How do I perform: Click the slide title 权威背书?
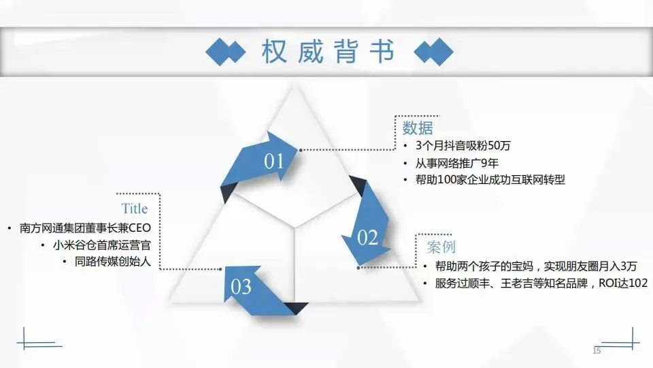[327, 52]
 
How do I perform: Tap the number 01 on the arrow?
[273, 162]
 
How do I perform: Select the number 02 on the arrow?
[367, 237]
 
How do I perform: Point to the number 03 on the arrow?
[241, 287]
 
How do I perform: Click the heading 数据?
[417, 128]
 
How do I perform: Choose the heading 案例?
[441, 247]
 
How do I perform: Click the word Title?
[134, 209]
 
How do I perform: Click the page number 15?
[597, 350]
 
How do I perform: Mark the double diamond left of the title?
[225, 52]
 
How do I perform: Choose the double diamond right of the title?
[433, 52]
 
